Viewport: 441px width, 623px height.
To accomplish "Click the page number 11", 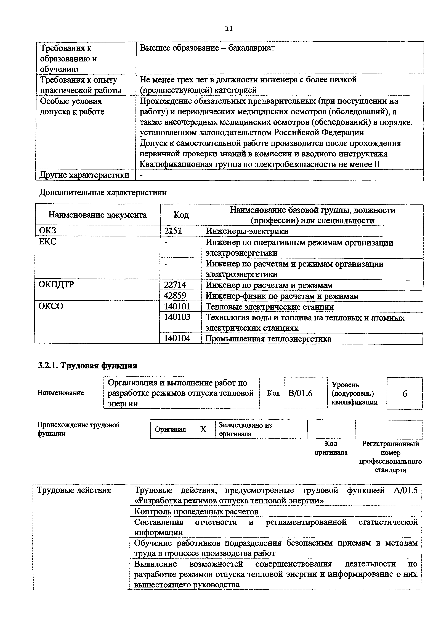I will pos(229,28).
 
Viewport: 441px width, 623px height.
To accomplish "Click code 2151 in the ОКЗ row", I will pos(173,231).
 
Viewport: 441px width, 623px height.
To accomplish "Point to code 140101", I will pos(177,307).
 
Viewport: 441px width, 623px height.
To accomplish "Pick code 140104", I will pos(177,338).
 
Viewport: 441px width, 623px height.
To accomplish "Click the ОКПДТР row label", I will pos(56,285).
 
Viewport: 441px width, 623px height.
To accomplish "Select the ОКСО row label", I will pos(51,306).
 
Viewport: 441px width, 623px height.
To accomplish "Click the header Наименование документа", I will pos(97,215).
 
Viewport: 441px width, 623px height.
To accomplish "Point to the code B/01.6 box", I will pos(300,393).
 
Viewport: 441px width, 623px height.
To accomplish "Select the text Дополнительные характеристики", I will pos(103,193).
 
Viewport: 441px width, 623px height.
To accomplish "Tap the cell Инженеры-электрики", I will pos(247,231).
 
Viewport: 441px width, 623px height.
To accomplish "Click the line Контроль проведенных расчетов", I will pos(196,511).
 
